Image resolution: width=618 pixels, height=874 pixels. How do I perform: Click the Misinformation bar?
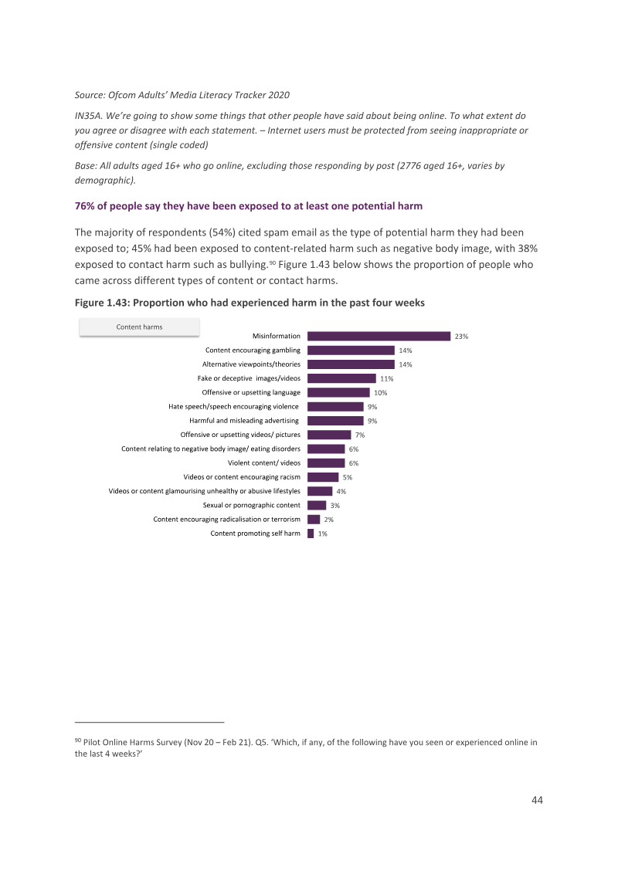(379, 336)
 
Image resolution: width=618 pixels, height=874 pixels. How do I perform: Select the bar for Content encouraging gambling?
(351, 350)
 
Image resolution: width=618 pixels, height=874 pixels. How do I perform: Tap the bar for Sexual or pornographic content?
(317, 505)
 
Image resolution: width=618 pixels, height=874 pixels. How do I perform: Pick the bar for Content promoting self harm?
(311, 534)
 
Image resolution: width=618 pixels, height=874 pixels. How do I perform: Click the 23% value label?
(461, 337)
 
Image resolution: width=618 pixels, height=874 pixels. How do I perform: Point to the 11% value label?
(386, 379)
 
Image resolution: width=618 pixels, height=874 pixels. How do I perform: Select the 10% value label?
(380, 393)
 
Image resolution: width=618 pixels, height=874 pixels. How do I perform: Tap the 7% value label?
(360, 435)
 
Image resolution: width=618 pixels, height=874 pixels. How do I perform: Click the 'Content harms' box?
(140, 327)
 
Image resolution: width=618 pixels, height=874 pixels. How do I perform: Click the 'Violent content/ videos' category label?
(264, 463)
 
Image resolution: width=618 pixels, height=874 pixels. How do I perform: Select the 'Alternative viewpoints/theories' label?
(251, 364)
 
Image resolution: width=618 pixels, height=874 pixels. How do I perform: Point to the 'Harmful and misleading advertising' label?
(244, 421)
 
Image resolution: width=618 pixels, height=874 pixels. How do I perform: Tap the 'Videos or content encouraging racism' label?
(242, 477)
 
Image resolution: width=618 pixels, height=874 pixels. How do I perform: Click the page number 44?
(537, 801)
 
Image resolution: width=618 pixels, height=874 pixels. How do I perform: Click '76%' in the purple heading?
(85, 206)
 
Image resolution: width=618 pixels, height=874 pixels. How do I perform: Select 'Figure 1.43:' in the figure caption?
(102, 303)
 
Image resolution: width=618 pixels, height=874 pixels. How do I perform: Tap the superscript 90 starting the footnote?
(77, 740)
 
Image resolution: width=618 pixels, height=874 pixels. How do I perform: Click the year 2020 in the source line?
(279, 95)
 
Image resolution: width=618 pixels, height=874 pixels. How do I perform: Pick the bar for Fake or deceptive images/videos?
(342, 378)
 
